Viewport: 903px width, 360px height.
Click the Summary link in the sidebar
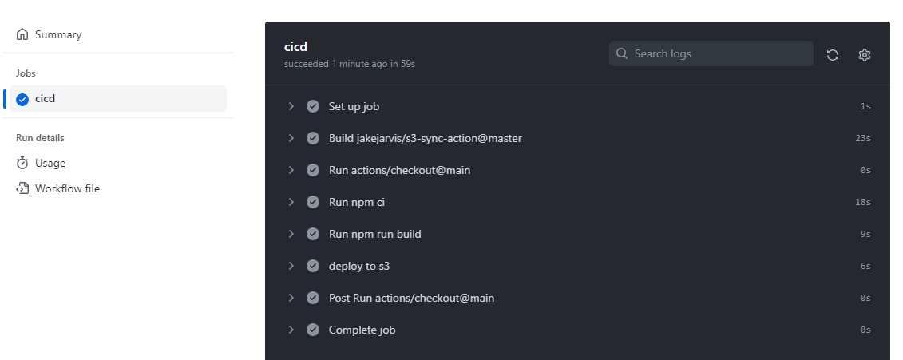(x=57, y=35)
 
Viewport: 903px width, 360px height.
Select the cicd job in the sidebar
(x=45, y=99)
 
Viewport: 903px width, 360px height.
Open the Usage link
(x=50, y=164)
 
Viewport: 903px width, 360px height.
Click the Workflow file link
(x=67, y=189)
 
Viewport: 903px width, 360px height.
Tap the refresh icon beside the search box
(x=833, y=55)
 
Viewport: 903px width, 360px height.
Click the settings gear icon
(x=864, y=55)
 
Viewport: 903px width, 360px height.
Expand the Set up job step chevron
(x=291, y=106)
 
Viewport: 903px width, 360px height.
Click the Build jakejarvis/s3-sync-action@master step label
(x=425, y=138)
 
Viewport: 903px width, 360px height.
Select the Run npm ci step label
(x=356, y=202)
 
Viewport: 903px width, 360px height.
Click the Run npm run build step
(x=374, y=234)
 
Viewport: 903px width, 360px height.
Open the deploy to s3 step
(x=358, y=266)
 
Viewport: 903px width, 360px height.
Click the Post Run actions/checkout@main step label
(x=411, y=298)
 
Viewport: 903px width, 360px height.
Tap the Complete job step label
(x=362, y=330)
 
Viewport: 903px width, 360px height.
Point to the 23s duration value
(x=862, y=138)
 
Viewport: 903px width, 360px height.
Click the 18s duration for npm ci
(x=862, y=202)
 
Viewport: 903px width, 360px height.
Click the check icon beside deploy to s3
(x=313, y=266)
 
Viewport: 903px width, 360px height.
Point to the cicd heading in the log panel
(x=295, y=47)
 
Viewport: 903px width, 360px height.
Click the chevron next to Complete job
(x=291, y=330)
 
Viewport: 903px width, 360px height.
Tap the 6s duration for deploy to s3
(x=865, y=266)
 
